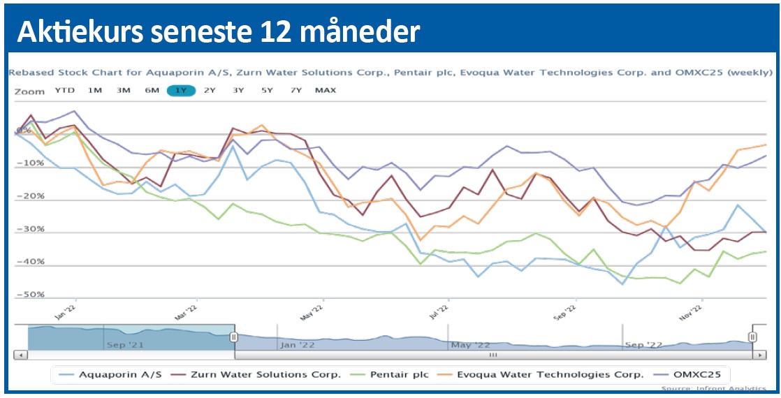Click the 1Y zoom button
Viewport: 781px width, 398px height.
point(180,90)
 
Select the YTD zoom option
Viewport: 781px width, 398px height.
point(64,90)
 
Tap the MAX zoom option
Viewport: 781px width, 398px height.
point(325,90)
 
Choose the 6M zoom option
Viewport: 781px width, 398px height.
point(152,90)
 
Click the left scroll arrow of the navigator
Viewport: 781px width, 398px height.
point(21,355)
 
